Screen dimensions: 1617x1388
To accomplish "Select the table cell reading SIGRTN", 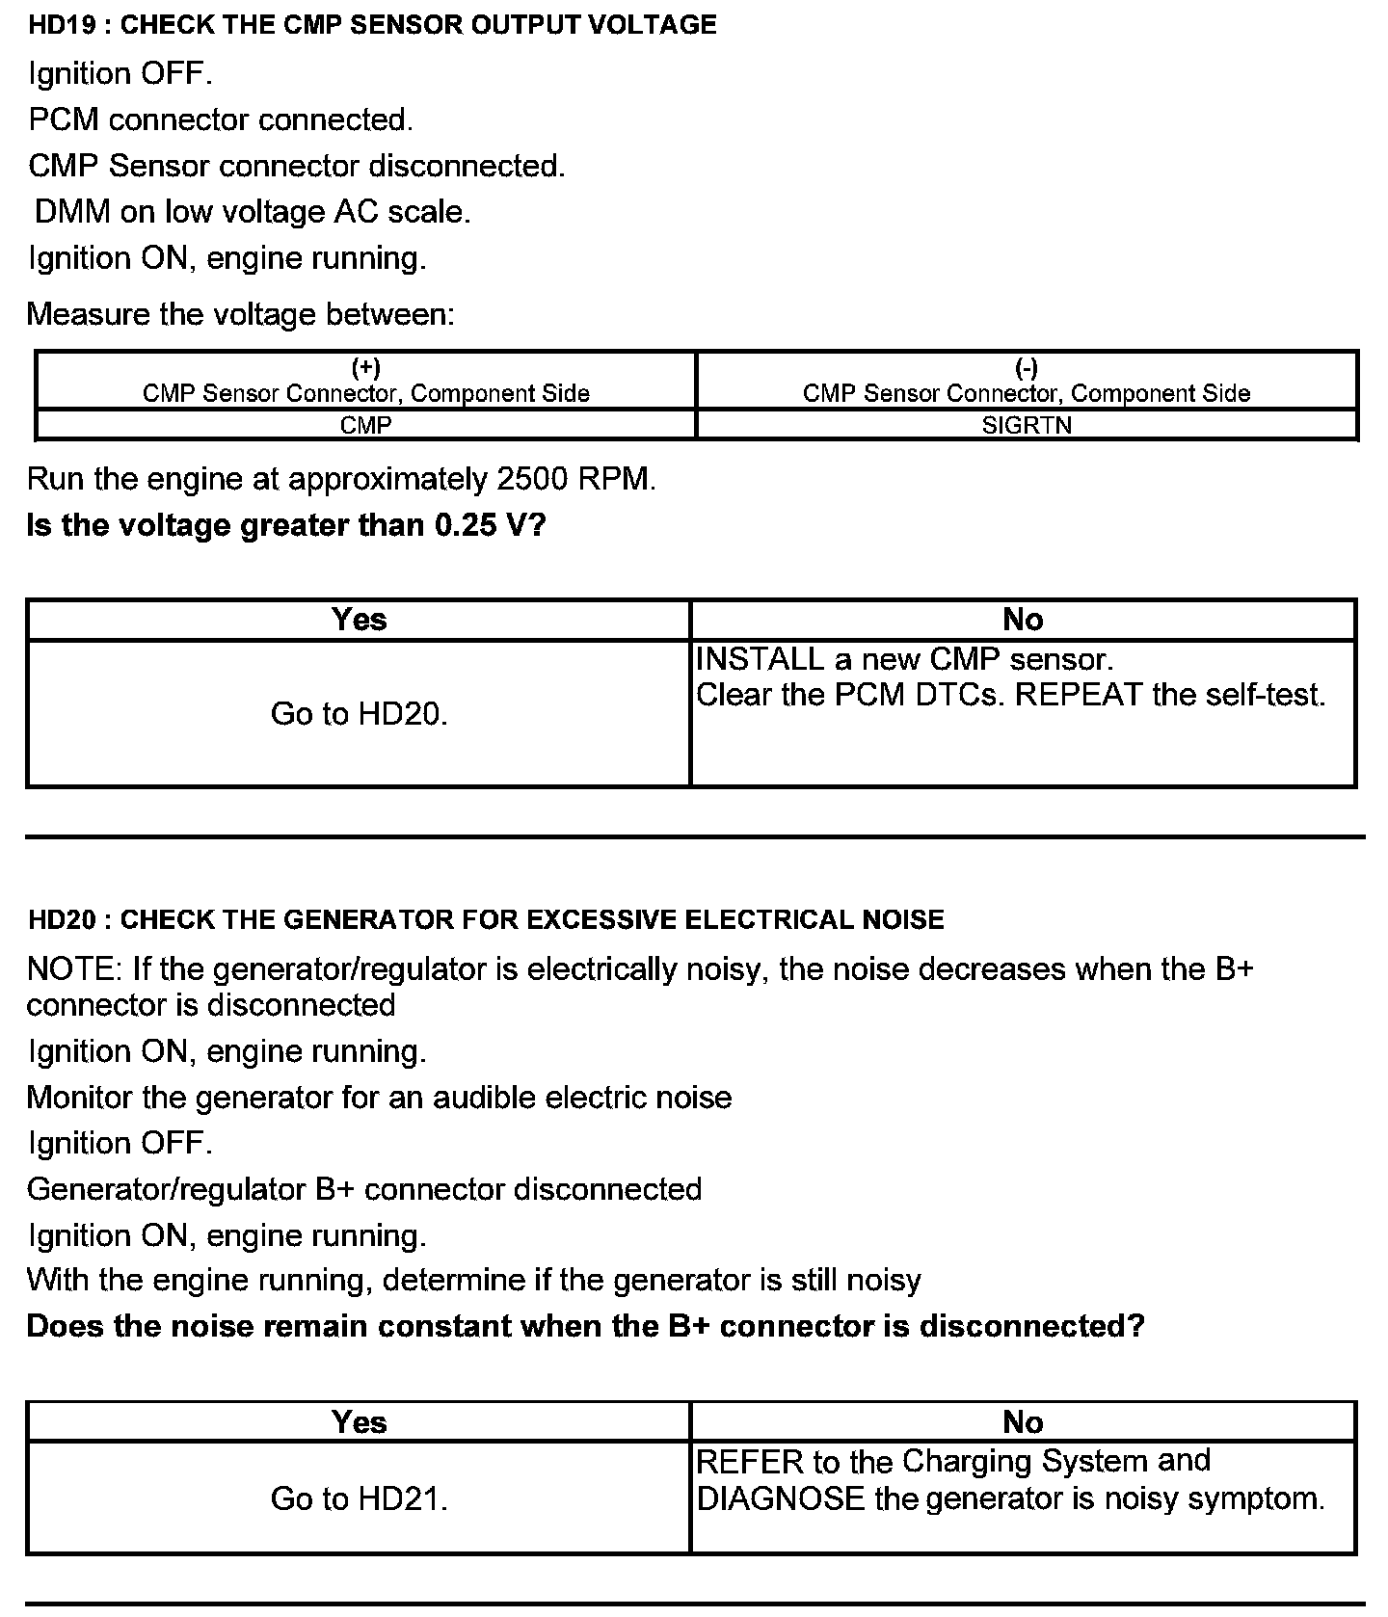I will (x=1027, y=425).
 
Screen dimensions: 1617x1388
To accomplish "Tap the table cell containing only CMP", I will (x=365, y=425).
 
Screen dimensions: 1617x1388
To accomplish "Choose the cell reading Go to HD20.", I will (x=359, y=713).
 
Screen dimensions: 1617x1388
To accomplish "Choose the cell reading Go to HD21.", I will (x=359, y=1498).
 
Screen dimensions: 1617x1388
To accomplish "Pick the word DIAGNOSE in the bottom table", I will (x=780, y=1498).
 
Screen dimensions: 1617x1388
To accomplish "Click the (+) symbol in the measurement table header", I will (x=365, y=368).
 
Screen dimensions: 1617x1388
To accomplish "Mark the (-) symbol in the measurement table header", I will (x=1027, y=368).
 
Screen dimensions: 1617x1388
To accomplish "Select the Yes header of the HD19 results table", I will (x=359, y=619).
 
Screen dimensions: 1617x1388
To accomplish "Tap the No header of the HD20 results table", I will (x=1023, y=1421).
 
